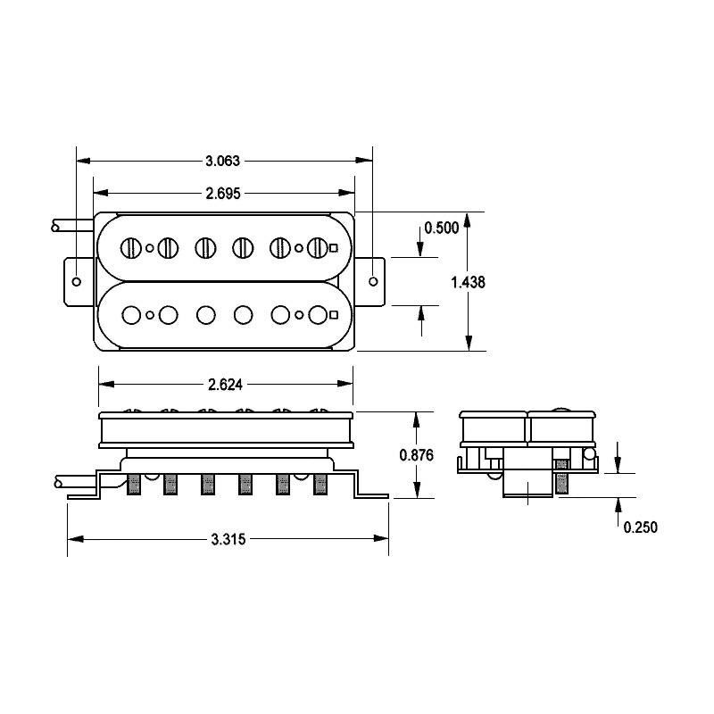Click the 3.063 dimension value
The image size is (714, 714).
click(x=222, y=161)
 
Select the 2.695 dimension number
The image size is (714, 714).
click(x=222, y=194)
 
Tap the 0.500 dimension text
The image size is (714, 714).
click(x=441, y=228)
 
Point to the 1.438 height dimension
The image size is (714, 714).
click(x=468, y=282)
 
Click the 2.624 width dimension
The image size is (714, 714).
click(x=225, y=385)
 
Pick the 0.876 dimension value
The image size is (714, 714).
click(x=416, y=455)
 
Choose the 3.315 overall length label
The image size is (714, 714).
click(x=228, y=539)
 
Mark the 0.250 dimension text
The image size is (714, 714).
click(x=640, y=527)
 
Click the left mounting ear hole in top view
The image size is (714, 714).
click(x=77, y=281)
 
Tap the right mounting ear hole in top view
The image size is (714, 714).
click(x=373, y=281)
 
